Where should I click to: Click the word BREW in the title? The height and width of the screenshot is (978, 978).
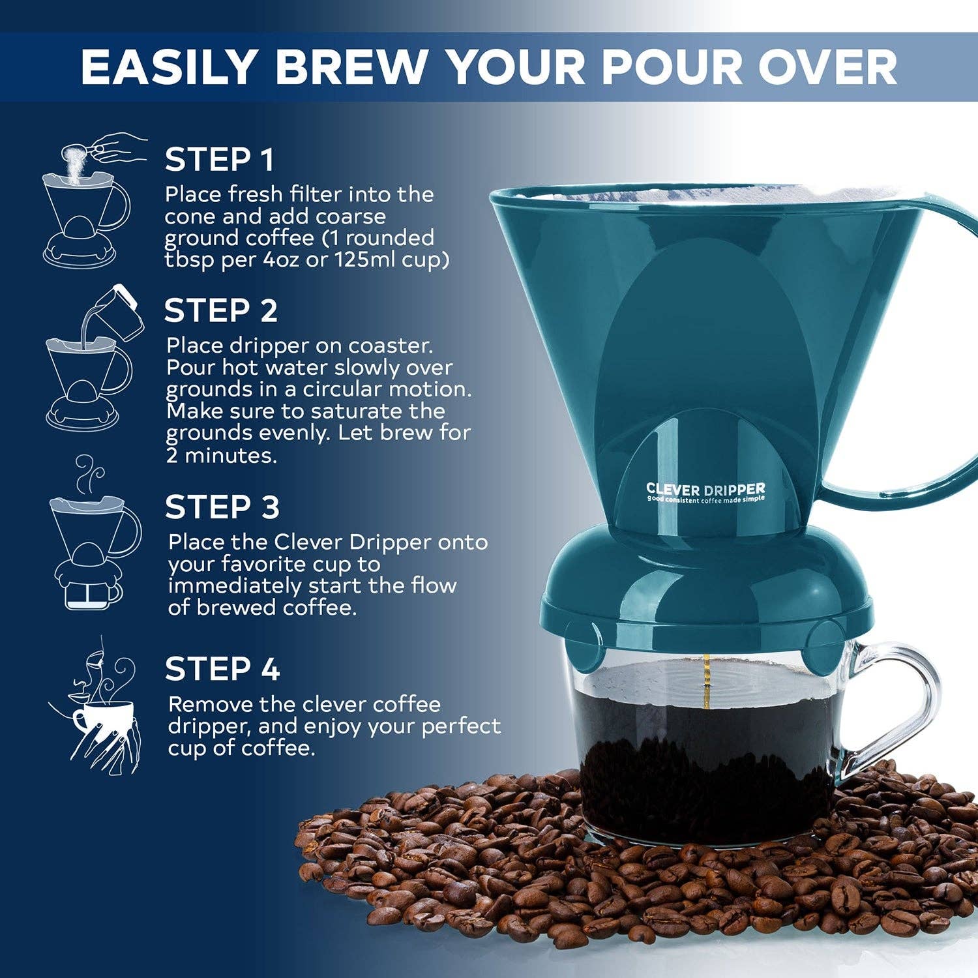click(x=351, y=67)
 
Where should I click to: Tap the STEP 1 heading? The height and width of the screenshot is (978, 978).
click(x=219, y=160)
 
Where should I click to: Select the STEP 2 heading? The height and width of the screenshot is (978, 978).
click(x=220, y=311)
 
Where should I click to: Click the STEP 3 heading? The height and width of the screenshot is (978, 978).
click(x=222, y=507)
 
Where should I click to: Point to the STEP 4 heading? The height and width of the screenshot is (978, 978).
click(x=222, y=670)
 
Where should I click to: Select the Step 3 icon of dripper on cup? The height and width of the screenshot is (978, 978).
click(x=91, y=535)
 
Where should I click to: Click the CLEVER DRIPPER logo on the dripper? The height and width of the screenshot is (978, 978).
click(x=705, y=490)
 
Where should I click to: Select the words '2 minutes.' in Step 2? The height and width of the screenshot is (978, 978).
click(x=222, y=455)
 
